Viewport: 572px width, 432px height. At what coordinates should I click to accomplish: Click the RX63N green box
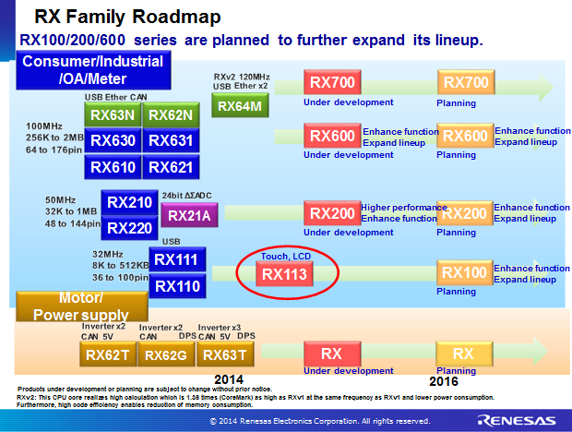[113, 115]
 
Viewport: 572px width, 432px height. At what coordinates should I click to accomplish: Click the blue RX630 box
[113, 140]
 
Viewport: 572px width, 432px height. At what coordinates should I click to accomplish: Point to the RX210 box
[129, 202]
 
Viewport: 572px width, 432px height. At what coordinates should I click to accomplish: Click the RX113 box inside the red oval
[285, 273]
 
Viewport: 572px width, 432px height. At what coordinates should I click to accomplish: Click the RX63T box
[224, 354]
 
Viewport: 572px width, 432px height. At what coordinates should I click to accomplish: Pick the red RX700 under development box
[331, 83]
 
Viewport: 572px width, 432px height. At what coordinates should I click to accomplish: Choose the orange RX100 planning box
[465, 273]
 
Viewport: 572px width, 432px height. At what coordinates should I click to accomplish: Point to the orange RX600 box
[465, 136]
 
